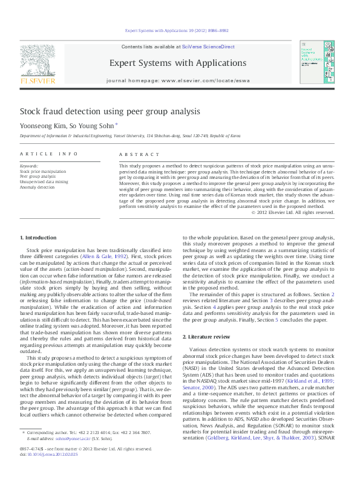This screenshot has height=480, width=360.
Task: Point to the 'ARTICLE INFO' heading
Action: coord(49,154)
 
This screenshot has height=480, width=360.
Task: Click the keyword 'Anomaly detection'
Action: coord(37,187)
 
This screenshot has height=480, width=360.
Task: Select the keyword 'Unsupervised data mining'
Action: coord(44,182)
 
